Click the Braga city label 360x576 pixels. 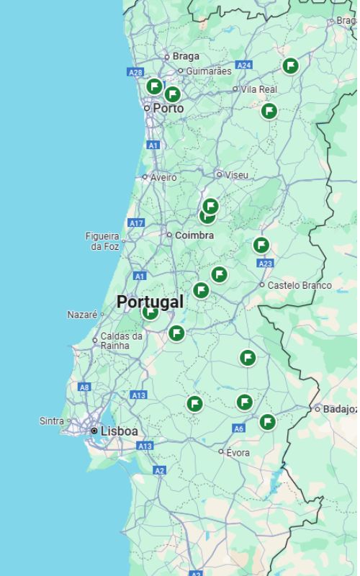pyautogui.click(x=186, y=56)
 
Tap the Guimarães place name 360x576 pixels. pyautogui.click(x=209, y=71)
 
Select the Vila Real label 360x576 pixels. pyautogui.click(x=258, y=89)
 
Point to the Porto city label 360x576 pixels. pyautogui.click(x=168, y=108)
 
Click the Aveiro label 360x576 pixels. pyautogui.click(x=163, y=177)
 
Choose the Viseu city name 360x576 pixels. pyautogui.click(x=236, y=175)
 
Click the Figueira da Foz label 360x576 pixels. pyautogui.click(x=102, y=241)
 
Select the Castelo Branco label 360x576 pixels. pyautogui.click(x=300, y=286)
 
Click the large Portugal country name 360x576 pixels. pyautogui.click(x=150, y=302)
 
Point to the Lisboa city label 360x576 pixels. pyautogui.click(x=120, y=431)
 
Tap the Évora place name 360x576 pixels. pyautogui.click(x=238, y=453)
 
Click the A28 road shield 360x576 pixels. pyautogui.click(x=135, y=72)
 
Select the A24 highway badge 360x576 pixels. pyautogui.click(x=244, y=66)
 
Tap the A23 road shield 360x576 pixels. pyautogui.click(x=265, y=264)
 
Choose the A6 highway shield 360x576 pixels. pyautogui.click(x=239, y=428)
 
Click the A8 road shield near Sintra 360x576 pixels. pyautogui.click(x=85, y=387)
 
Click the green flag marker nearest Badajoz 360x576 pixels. pyautogui.click(x=267, y=422)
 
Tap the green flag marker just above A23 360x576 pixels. pyautogui.click(x=261, y=246)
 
